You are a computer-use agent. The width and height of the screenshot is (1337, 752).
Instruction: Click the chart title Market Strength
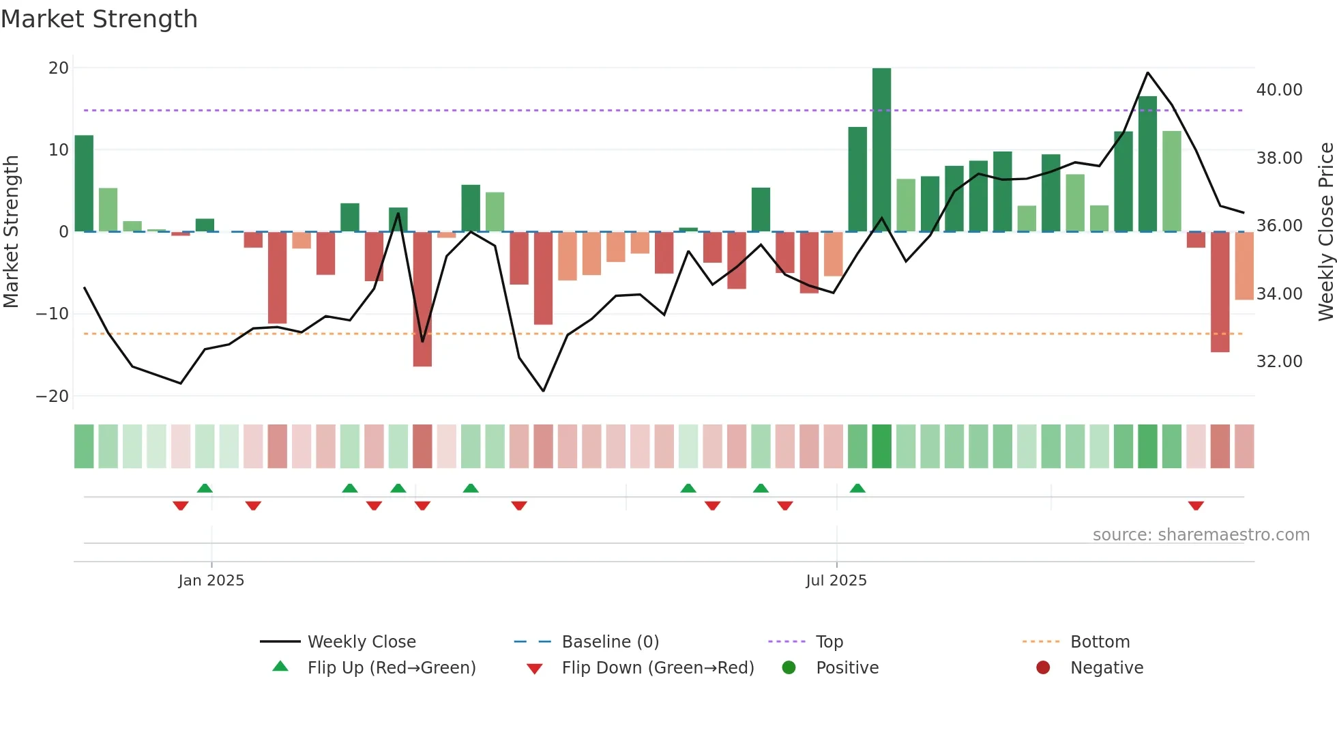pos(99,19)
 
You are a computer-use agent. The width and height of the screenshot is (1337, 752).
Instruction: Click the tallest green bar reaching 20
pos(881,150)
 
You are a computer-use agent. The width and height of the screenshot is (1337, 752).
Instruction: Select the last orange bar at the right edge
pos(1244,266)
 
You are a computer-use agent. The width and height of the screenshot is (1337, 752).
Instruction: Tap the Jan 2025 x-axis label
pos(211,581)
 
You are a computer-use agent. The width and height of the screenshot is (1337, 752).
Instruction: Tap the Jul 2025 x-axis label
pos(836,581)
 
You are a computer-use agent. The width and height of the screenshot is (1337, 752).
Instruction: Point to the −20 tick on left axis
pos(53,396)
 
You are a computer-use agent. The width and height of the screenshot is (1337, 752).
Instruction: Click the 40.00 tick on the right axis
pos(1279,90)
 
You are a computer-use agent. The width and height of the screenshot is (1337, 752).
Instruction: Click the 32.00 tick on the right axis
pos(1279,362)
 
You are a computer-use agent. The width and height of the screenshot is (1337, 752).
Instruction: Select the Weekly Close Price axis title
pos(1325,232)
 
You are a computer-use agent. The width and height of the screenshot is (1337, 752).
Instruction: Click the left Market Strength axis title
pos(11,232)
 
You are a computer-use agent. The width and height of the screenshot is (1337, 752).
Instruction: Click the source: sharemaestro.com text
pos(1201,535)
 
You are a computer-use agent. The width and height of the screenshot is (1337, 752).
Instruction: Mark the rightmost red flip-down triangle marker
pos(1195,506)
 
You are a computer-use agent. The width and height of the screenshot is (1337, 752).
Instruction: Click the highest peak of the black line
pos(1147,72)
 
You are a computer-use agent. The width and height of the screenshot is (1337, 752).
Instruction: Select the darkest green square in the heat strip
pos(881,446)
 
